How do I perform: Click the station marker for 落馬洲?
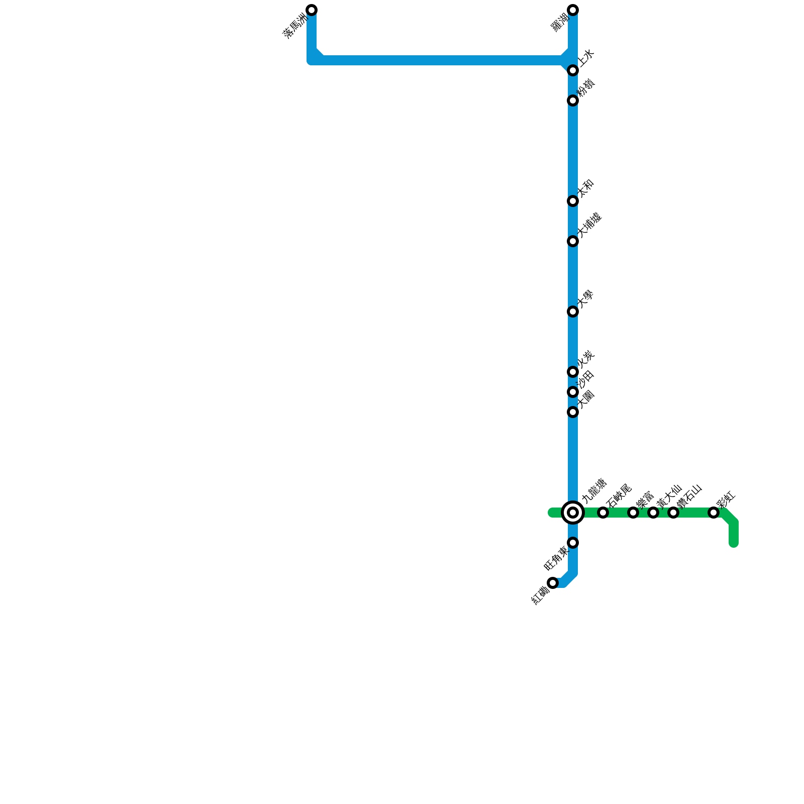point(312,10)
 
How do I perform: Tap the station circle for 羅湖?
point(573,10)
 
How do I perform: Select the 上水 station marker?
point(573,70)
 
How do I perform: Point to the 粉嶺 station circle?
point(573,100)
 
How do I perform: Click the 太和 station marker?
point(573,201)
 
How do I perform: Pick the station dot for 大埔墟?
point(573,241)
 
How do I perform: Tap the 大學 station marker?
point(573,312)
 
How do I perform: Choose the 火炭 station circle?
point(573,372)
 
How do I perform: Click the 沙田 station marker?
point(573,392)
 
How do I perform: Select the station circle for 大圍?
point(573,412)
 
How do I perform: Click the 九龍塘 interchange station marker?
point(573,513)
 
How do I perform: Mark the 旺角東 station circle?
point(573,543)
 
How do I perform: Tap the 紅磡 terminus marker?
point(553,583)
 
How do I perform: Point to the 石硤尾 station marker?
point(603,513)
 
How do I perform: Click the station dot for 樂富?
point(633,513)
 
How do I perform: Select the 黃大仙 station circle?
point(653,513)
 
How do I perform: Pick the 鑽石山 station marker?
point(673,513)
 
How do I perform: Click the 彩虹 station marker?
point(714,513)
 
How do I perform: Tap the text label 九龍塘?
point(594,490)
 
